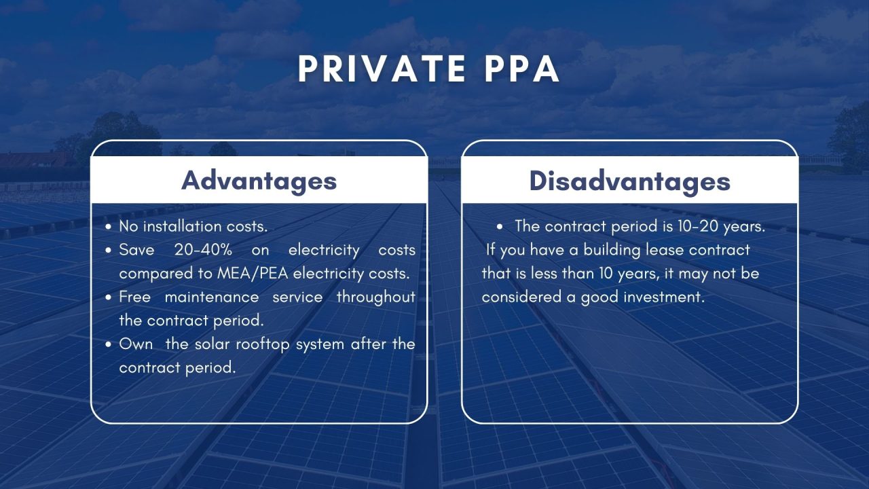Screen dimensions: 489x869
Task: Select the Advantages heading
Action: coord(259,181)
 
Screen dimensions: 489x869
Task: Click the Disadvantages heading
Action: coord(629,181)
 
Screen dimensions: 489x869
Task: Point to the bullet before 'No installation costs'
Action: coord(109,227)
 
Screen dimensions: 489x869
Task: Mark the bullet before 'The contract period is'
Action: coord(500,228)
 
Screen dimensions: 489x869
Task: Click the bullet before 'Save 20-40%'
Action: coord(109,251)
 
